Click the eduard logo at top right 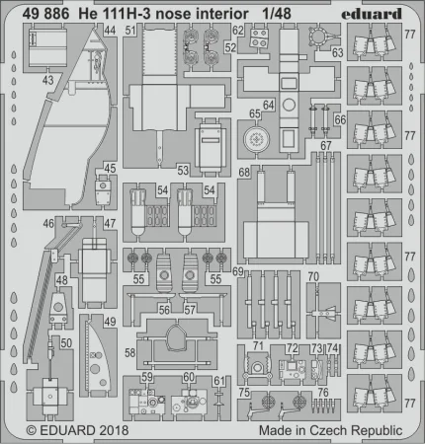[x=372, y=14]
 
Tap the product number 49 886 [x=45, y=14]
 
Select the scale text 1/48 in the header [x=277, y=14]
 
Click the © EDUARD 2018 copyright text [x=77, y=430]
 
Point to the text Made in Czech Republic [x=330, y=430]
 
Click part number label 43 [x=48, y=80]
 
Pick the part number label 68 [x=244, y=172]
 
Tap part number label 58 [x=129, y=353]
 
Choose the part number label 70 [x=313, y=276]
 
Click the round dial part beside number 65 [x=256, y=139]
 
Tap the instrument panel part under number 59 [x=147, y=401]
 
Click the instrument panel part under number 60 [x=190, y=402]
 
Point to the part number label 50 [x=66, y=343]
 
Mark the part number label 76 [x=323, y=393]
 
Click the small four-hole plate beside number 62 [x=259, y=38]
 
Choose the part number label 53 [x=183, y=171]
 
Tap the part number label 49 [x=110, y=322]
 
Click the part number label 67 [x=326, y=145]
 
